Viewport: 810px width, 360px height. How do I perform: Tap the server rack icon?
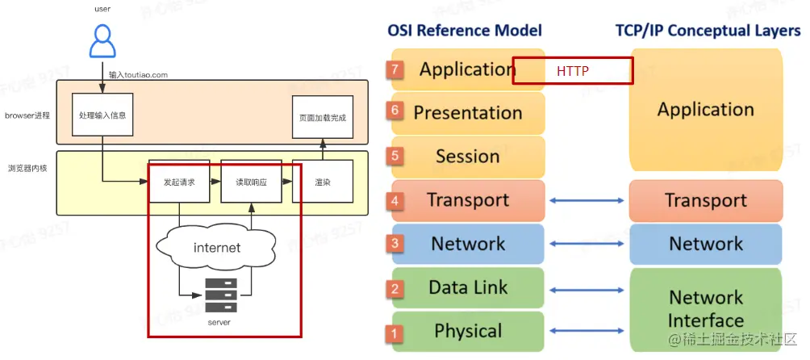[x=220, y=295]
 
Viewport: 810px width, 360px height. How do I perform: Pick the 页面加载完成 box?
[x=322, y=118]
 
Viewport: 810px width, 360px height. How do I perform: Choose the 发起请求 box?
[x=178, y=182]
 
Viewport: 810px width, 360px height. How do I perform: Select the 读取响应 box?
[x=251, y=182]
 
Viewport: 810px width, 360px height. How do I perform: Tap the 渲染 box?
[x=322, y=182]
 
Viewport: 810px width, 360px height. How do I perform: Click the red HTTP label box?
[x=573, y=71]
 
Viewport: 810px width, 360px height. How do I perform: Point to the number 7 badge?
[x=395, y=70]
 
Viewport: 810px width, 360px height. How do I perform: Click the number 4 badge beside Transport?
[x=395, y=201]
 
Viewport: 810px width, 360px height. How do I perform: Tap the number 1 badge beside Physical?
[x=395, y=332]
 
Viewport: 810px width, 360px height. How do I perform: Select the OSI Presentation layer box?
[x=468, y=113]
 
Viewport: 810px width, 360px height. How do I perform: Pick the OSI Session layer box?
[x=468, y=157]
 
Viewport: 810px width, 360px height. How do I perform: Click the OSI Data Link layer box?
[x=468, y=287]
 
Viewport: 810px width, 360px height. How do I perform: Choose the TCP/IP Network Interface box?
[x=705, y=309]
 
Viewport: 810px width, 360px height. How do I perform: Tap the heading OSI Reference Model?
[x=465, y=31]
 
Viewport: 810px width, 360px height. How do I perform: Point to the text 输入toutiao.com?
[x=139, y=74]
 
